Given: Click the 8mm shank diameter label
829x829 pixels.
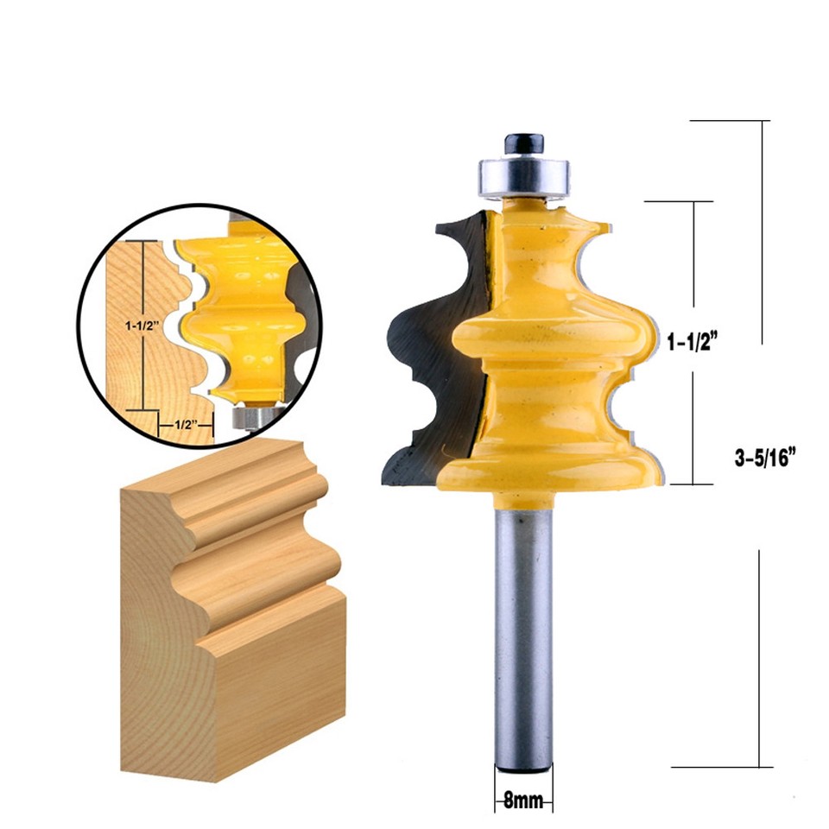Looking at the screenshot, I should (x=524, y=801).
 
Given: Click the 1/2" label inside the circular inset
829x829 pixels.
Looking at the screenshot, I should (x=182, y=425).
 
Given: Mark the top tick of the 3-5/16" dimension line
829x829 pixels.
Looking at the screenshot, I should (x=763, y=121).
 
